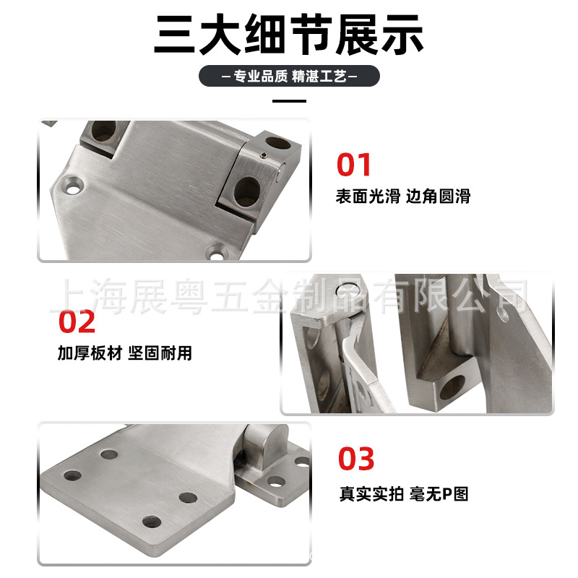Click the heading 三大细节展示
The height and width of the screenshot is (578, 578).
coord(288,34)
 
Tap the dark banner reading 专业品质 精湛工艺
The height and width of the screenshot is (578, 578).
coord(289,76)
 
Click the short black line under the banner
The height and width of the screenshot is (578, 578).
coord(289,100)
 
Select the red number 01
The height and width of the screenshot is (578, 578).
coord(353,165)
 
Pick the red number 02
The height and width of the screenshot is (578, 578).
coord(77,322)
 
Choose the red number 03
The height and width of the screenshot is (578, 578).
coord(356,459)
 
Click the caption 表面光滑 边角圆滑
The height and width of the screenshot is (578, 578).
coord(403,196)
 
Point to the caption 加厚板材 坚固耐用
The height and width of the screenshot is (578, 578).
coord(124,353)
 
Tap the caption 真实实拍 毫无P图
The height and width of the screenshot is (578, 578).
coord(404,494)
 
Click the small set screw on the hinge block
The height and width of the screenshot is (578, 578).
coord(263,155)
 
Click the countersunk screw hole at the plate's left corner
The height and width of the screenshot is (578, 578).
coord(73,186)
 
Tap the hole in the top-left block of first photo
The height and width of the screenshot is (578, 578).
coord(103,131)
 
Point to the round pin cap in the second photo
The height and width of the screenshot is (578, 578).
coord(348,290)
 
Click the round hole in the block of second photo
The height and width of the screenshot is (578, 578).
coord(453,388)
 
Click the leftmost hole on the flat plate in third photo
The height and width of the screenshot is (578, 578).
coord(72,475)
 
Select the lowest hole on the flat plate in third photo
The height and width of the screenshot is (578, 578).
coord(152,522)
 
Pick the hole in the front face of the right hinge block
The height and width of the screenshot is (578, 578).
coord(247,191)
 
